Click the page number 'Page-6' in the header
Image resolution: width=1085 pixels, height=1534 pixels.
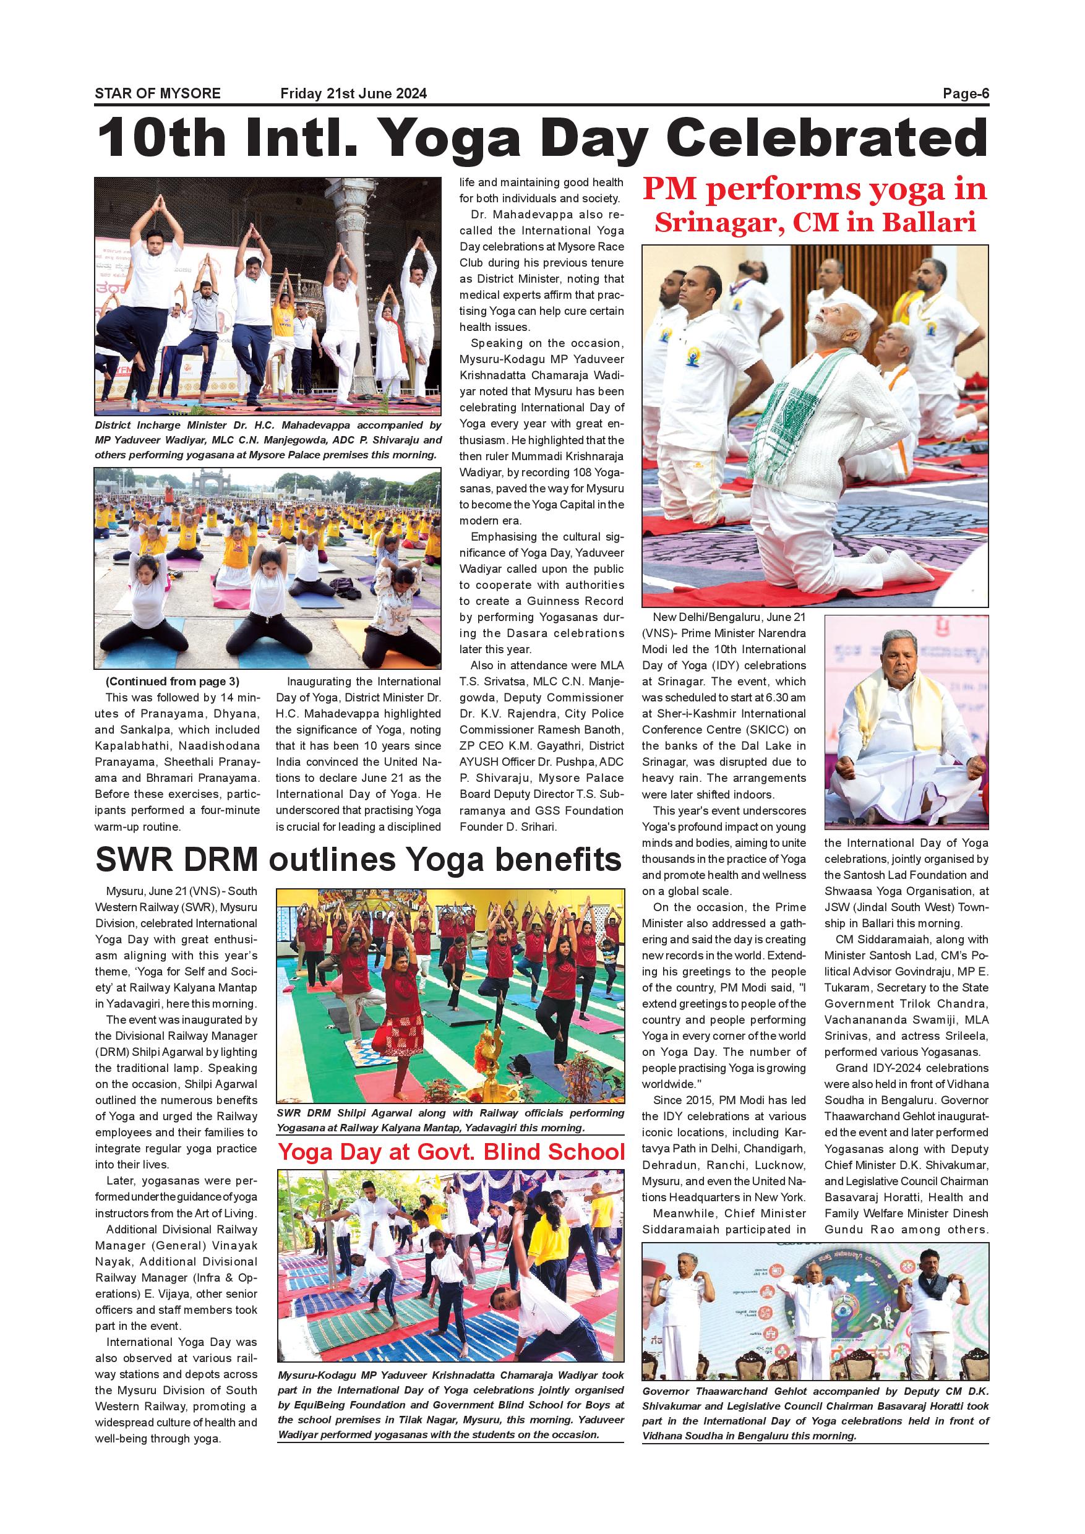(966, 94)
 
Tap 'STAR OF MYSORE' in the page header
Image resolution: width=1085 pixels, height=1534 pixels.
(158, 94)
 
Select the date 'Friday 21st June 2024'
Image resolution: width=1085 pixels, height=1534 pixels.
(353, 94)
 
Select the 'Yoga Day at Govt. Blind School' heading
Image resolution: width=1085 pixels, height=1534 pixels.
(451, 1152)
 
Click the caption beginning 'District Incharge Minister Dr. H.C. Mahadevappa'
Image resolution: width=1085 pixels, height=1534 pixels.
(268, 440)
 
